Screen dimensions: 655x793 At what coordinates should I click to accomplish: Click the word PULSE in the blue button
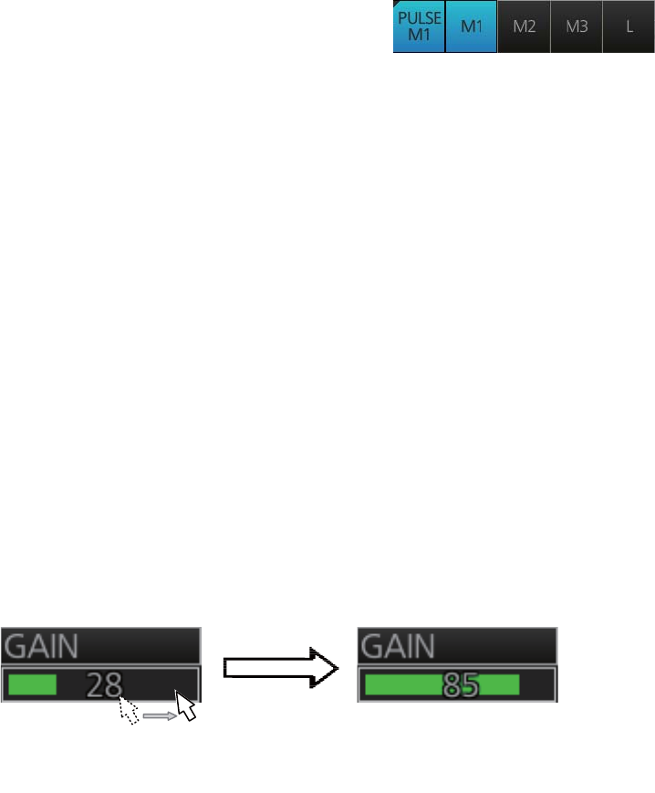pyautogui.click(x=419, y=19)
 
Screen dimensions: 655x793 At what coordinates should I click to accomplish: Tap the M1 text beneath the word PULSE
pyautogui.click(x=419, y=37)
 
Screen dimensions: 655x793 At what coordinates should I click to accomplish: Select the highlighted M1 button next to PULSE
pyautogui.click(x=472, y=26)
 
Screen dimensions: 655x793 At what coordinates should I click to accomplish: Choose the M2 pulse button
pyautogui.click(x=525, y=26)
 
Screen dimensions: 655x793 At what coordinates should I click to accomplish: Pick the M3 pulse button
pyautogui.click(x=577, y=26)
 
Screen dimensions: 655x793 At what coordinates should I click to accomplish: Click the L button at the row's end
pyautogui.click(x=629, y=26)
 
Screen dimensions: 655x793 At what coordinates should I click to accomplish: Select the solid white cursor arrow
pyautogui.click(x=187, y=704)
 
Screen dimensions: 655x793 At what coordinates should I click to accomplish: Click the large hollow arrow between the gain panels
pyautogui.click(x=278, y=669)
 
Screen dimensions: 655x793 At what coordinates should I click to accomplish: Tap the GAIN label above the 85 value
pyautogui.click(x=398, y=647)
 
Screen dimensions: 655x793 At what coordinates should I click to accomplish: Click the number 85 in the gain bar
pyautogui.click(x=459, y=684)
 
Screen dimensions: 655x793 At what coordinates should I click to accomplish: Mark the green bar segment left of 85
pyautogui.click(x=401, y=684)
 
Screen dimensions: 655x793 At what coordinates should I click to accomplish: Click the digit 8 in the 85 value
pyautogui.click(x=450, y=684)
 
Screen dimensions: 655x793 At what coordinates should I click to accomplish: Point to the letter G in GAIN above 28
pyautogui.click(x=14, y=647)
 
